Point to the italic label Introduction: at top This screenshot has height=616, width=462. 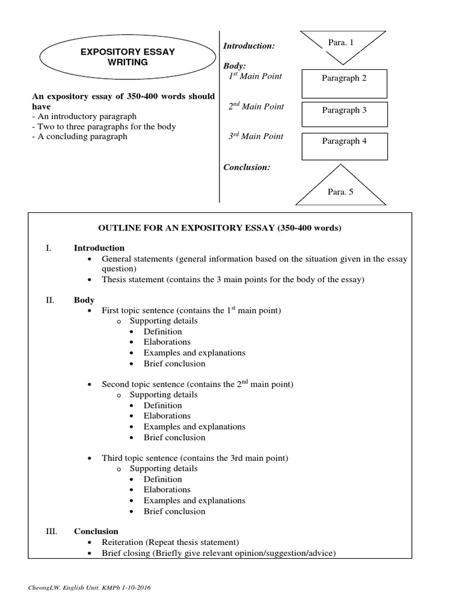(x=249, y=46)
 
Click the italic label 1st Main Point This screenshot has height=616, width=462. (x=254, y=76)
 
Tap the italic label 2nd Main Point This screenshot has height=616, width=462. (x=255, y=106)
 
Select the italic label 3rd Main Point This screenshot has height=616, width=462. (x=255, y=137)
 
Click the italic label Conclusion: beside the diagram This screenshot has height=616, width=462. (x=247, y=167)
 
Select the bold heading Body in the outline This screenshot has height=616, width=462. (x=84, y=300)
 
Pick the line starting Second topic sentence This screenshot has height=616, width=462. (x=197, y=384)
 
